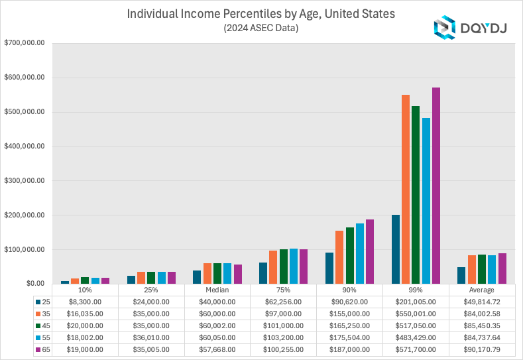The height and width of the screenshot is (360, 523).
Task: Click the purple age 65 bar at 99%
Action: (x=436, y=186)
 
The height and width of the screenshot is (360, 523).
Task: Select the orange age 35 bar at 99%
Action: (x=406, y=190)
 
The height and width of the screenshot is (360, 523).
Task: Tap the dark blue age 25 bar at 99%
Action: (x=396, y=249)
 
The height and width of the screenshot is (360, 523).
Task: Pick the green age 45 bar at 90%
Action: (x=349, y=256)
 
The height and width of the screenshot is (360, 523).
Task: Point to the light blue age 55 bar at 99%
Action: (x=426, y=201)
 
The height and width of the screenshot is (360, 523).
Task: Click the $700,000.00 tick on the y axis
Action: (x=25, y=43)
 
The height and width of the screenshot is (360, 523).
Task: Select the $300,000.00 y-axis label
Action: (x=25, y=180)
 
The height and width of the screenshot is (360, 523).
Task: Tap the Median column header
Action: (x=217, y=290)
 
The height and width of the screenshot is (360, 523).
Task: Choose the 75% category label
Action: (x=283, y=290)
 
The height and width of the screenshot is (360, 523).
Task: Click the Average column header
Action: (x=482, y=290)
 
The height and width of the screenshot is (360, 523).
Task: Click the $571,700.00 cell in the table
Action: (x=416, y=349)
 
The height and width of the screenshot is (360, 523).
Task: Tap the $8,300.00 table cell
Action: (x=84, y=301)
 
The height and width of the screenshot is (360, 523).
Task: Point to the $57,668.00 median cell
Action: (x=217, y=349)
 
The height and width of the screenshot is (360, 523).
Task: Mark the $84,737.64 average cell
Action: (x=482, y=337)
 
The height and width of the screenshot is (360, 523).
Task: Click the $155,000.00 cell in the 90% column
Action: (x=349, y=313)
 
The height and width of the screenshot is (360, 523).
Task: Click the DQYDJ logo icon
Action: (x=443, y=27)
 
